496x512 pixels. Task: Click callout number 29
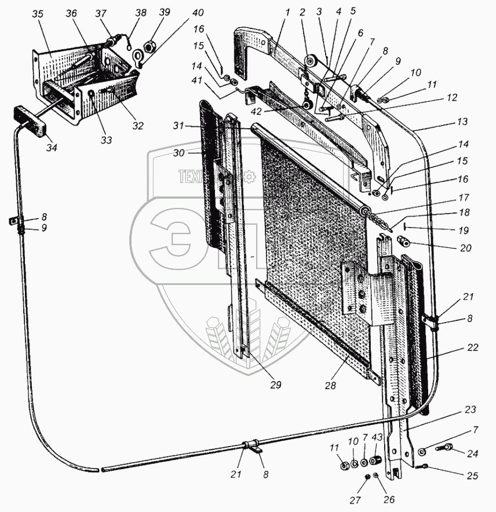coord(273,384)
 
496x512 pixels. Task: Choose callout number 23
coord(470,409)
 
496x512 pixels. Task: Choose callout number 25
coord(472,476)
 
